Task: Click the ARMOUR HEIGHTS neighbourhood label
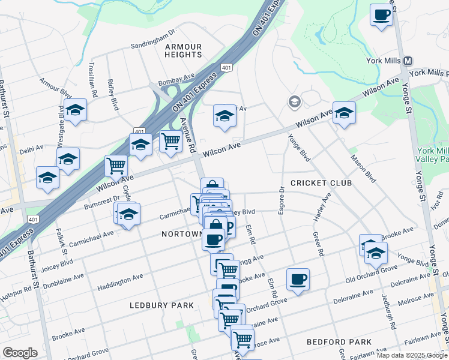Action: tap(183, 50)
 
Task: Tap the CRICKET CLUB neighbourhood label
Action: tap(321, 182)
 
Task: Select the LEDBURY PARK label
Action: tap(162, 305)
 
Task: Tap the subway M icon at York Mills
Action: tap(408, 61)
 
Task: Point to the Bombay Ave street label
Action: tap(176, 79)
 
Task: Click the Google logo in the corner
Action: tap(20, 352)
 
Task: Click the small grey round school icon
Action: tap(294, 101)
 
